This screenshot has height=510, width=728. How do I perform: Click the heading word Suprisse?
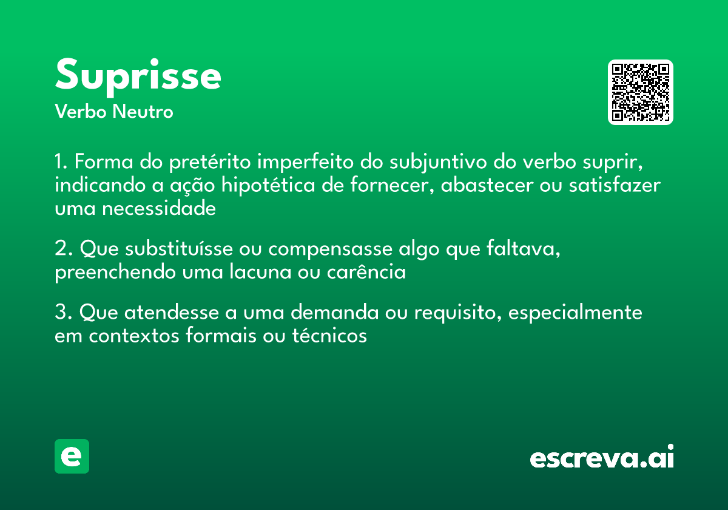pos(138,76)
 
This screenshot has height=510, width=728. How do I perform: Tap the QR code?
pos(641,92)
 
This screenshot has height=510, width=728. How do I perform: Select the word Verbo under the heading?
pos(81,112)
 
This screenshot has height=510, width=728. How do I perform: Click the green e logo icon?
pos(72,456)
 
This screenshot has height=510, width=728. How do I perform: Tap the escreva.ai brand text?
pos(602,458)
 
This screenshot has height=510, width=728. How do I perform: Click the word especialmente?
pos(575,314)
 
